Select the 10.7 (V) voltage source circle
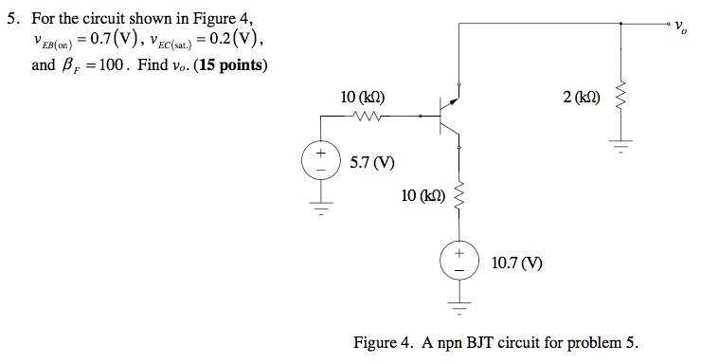click(x=460, y=262)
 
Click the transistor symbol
click(x=447, y=118)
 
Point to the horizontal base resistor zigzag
click(x=366, y=118)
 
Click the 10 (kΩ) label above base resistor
click(x=362, y=97)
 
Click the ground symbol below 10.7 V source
click(x=460, y=305)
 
